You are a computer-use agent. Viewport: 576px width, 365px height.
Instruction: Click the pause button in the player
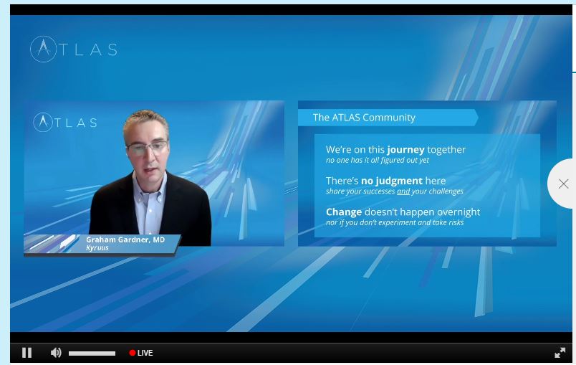[x=27, y=353]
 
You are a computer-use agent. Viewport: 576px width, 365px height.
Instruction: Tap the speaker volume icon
[x=56, y=353]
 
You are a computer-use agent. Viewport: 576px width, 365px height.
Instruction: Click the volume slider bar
[x=92, y=354]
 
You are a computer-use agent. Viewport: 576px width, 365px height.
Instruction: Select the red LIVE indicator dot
[x=133, y=353]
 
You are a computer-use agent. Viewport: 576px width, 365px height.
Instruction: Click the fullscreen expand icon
[x=560, y=353]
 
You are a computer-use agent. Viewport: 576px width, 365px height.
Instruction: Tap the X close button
[x=563, y=184]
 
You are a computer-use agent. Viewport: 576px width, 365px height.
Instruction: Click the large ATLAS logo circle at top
[x=44, y=49]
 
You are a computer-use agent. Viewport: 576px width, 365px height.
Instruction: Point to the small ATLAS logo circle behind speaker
[x=43, y=122]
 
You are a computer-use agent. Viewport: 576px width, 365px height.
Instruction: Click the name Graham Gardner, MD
[x=125, y=240]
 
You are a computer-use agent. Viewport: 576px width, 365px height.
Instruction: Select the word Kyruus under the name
[x=97, y=247]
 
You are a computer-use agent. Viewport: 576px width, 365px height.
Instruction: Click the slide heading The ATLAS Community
[x=364, y=118]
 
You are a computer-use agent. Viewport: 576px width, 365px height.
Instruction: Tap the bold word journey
[x=405, y=150]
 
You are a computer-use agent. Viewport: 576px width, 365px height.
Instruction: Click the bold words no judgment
[x=392, y=181]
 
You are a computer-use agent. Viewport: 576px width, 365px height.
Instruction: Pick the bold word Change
[x=344, y=212]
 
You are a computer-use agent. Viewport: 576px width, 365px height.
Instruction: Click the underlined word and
[x=403, y=191]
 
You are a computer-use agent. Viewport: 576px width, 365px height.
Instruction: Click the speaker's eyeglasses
[x=148, y=148]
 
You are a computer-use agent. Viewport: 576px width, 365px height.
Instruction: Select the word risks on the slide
[x=456, y=222]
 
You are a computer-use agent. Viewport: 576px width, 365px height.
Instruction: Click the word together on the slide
[x=446, y=150]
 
